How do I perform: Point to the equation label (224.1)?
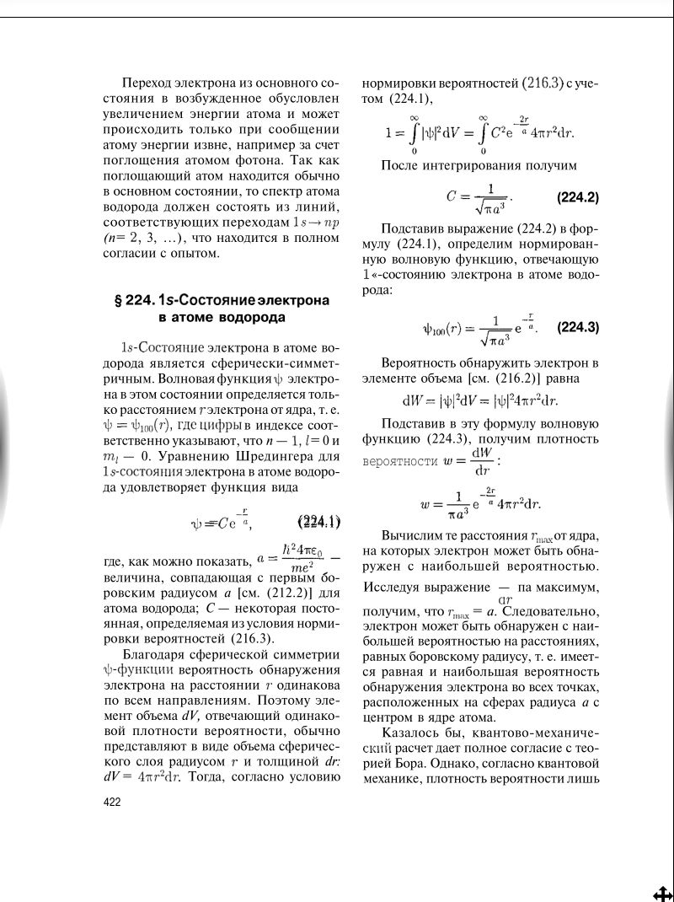[x=319, y=520]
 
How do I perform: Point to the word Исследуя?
[x=390, y=586]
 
